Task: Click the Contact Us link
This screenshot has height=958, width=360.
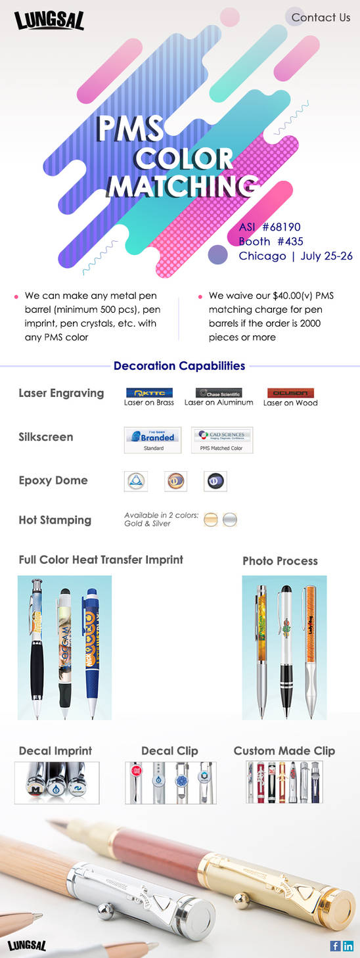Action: (x=321, y=18)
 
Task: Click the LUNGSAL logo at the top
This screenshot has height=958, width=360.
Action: (x=49, y=22)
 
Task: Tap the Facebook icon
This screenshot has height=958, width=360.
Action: (x=335, y=946)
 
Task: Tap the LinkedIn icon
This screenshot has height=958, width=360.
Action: (x=348, y=946)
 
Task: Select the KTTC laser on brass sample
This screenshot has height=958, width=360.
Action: (x=149, y=393)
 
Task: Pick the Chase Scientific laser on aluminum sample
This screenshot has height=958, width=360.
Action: (x=219, y=393)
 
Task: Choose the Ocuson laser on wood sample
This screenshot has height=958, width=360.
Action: (x=290, y=393)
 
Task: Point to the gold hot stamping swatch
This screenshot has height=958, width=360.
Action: (x=211, y=520)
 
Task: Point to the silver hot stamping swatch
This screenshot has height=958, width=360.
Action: (x=229, y=520)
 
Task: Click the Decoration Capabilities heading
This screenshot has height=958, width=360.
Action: (x=179, y=366)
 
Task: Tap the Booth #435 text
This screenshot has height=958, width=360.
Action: (x=271, y=241)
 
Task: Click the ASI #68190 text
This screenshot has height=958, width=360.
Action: (x=270, y=227)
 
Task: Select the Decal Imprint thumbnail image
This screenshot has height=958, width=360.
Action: (x=57, y=783)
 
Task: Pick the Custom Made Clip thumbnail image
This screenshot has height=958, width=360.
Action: (x=284, y=783)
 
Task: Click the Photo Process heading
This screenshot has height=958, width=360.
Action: (x=280, y=560)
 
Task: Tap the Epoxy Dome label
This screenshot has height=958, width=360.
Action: (x=53, y=480)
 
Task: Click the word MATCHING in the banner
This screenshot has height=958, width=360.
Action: (x=182, y=187)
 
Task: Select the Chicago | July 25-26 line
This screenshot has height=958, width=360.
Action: (x=296, y=256)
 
